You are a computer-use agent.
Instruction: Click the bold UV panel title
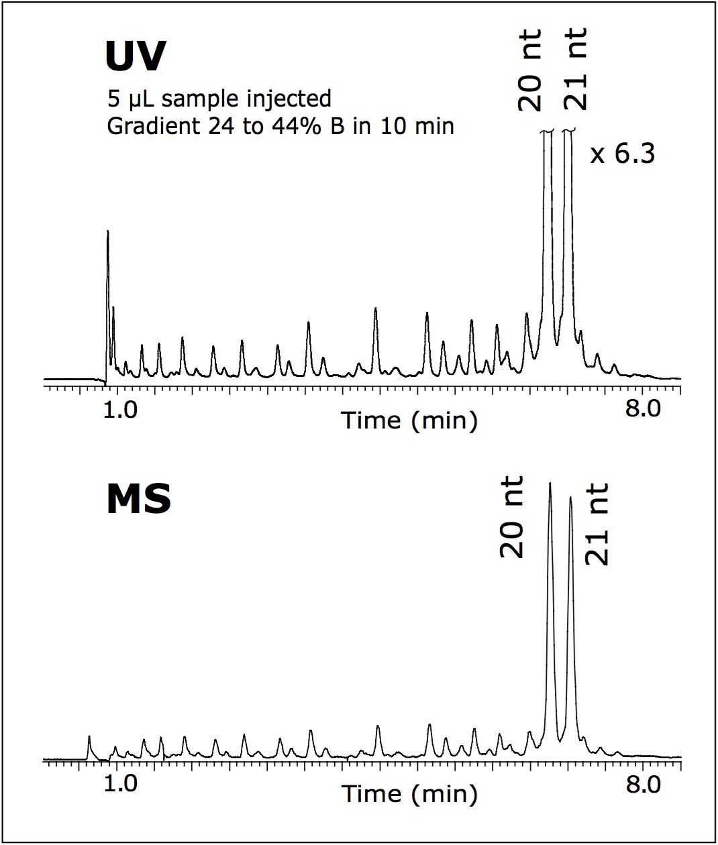[x=135, y=56]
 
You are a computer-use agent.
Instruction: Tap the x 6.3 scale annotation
[x=622, y=155]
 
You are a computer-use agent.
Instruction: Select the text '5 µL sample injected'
[x=219, y=99]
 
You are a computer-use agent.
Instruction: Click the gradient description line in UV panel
[x=280, y=125]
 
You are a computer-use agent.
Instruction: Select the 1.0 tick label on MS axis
[x=122, y=783]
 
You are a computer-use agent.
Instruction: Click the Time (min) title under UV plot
[x=410, y=420]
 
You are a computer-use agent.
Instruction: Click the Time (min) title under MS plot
[x=410, y=794]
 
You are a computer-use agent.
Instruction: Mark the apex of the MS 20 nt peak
[x=550, y=483]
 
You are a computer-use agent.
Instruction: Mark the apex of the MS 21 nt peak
[x=570, y=498]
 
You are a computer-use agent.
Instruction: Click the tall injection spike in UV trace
[x=107, y=232]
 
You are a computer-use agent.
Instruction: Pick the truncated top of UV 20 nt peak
[x=547, y=132]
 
